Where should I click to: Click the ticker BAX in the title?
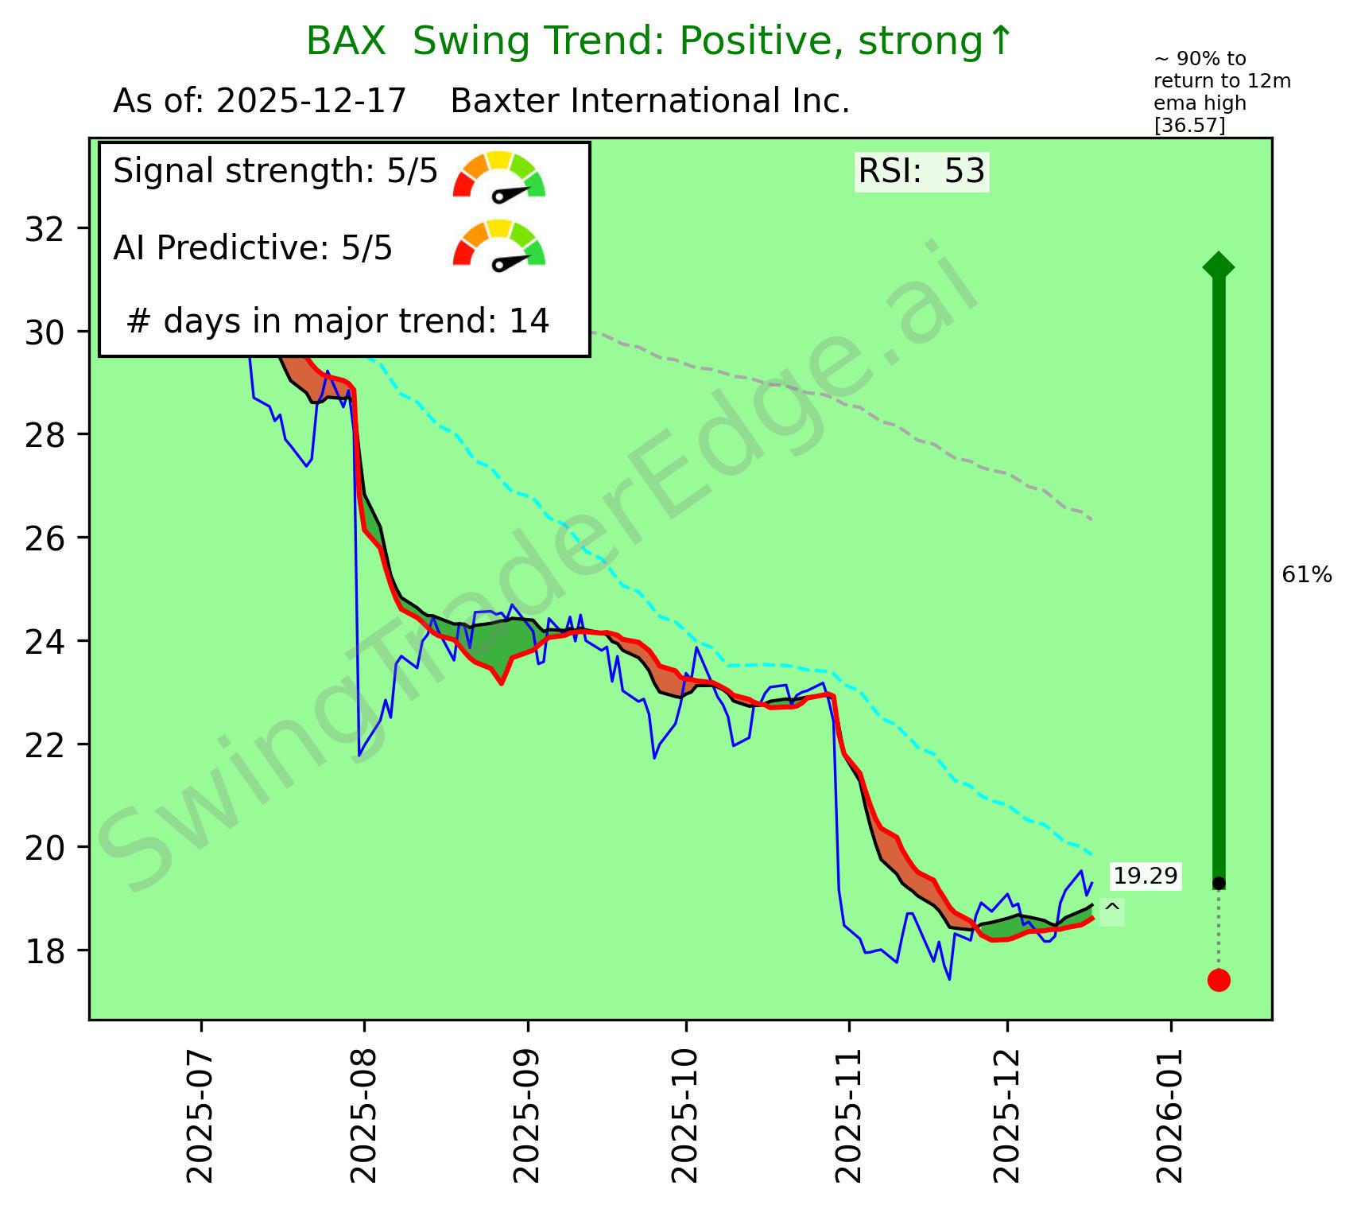coord(345,41)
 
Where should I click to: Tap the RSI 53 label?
coord(921,172)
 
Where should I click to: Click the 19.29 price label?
coord(1145,877)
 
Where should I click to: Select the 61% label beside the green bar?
coord(1307,575)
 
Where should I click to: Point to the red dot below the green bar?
coord(1219,980)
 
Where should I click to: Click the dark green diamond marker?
coord(1219,266)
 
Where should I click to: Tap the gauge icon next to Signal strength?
coord(499,175)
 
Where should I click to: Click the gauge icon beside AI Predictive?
coord(499,245)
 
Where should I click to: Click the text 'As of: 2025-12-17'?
coord(260,102)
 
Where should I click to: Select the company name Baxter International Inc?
coord(650,102)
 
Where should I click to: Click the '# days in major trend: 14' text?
coord(338,321)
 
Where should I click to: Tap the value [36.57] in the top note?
coord(1189,125)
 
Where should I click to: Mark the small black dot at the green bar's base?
coord(1219,884)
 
